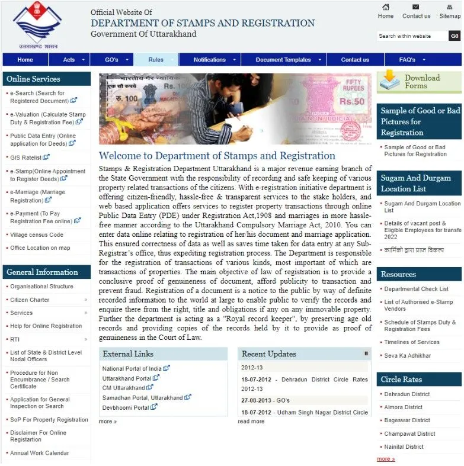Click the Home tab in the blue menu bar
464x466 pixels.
coord(25,60)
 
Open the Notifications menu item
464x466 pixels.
coord(209,60)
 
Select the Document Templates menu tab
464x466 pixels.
coord(283,60)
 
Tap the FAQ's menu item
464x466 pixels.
coord(407,60)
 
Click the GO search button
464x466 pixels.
coord(455,36)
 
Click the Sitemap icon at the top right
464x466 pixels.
coord(450,7)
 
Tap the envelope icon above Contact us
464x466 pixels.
coord(416,7)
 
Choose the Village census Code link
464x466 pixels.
coord(37,234)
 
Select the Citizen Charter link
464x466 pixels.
coord(30,300)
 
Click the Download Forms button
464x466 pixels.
coord(419,82)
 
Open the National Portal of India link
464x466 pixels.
coord(132,368)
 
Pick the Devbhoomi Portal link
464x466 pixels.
coord(126,407)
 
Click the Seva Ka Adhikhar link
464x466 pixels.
coord(407,356)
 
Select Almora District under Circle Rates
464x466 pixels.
coord(403,407)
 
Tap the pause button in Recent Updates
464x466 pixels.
coord(366,353)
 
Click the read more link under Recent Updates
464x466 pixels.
coord(251,422)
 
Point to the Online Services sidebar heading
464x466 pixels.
coord(33,79)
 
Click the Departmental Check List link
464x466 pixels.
coord(416,289)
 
